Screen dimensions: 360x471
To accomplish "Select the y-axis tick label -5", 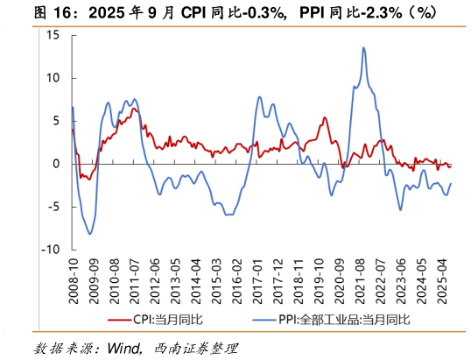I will pos(52,207).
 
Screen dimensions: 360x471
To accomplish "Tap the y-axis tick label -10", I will pos(49,250).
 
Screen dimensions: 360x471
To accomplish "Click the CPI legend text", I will pos(167,319).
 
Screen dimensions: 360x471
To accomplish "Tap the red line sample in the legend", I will pos(119,319).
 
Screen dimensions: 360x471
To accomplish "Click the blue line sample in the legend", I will pos(264,319).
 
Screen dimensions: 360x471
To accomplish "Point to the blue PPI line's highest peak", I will pos(363,47).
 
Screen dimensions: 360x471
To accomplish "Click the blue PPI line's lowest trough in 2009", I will pos(89,234).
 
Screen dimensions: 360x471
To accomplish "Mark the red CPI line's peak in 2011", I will pos(135,108).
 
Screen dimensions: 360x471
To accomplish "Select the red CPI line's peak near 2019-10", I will pos(324,117).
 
